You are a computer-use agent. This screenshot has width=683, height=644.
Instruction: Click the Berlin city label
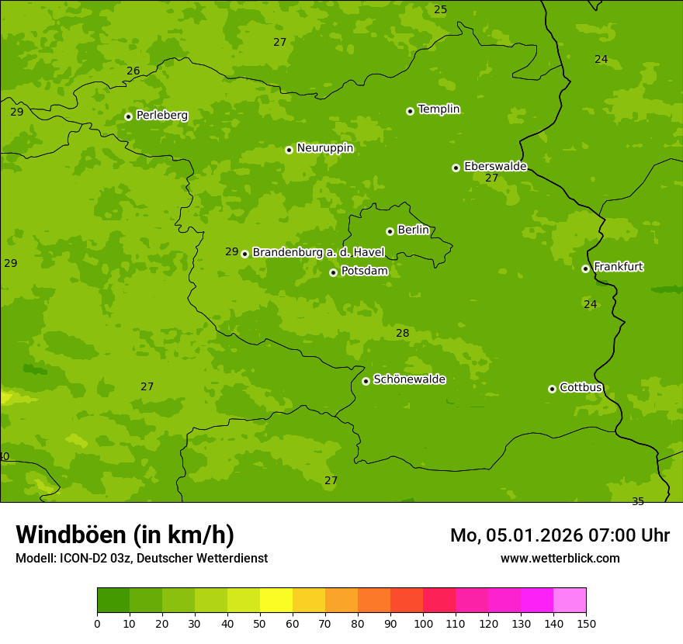(413, 230)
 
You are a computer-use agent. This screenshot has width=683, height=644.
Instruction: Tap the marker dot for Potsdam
(333, 272)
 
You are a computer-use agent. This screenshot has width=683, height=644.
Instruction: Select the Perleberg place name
(161, 116)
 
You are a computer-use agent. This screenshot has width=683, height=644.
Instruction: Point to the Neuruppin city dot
(289, 150)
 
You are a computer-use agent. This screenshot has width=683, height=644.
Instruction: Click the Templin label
(439, 109)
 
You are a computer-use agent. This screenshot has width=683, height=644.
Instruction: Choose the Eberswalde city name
(495, 167)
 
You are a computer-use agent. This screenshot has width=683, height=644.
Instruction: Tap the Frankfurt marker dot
(585, 268)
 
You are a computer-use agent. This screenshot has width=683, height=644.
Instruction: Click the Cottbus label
(581, 388)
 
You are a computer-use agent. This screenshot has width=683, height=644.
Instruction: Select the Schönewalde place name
(409, 379)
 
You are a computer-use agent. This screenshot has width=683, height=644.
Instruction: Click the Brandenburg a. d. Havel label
(318, 253)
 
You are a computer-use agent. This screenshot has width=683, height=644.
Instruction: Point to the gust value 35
(638, 501)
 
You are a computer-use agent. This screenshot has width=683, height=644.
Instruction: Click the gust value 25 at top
(440, 10)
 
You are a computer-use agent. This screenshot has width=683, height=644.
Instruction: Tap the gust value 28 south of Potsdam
(402, 334)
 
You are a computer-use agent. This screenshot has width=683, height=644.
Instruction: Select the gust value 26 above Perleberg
(133, 71)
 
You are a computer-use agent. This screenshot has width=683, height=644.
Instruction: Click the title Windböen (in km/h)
(125, 535)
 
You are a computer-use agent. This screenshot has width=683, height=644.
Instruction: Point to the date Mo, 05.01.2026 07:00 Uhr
(560, 535)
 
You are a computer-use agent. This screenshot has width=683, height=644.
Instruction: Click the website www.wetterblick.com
(560, 559)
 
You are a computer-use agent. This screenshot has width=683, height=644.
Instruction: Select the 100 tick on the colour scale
(423, 623)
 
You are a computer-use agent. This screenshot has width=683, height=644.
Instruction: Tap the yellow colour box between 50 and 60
(276, 601)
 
